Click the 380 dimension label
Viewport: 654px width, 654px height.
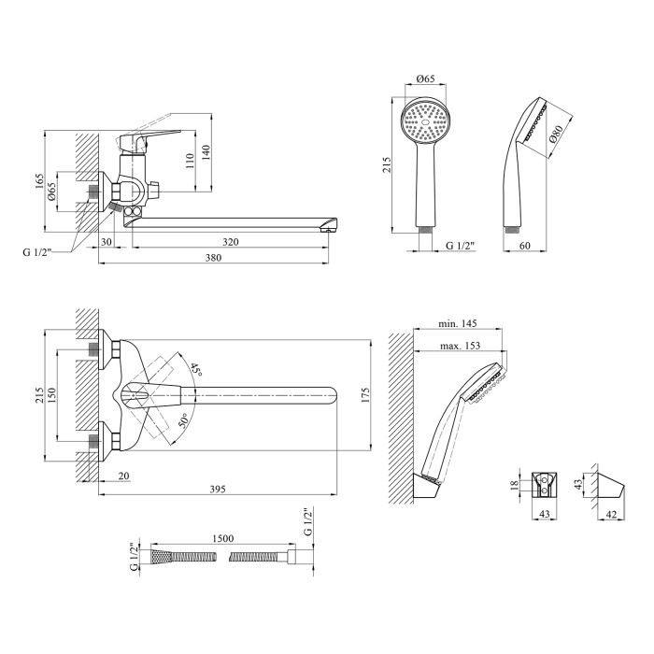[214, 259]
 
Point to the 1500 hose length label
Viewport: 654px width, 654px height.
[223, 539]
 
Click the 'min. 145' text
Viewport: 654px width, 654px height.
[458, 323]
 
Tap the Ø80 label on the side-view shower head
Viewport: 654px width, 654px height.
[554, 135]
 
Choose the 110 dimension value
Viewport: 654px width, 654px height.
[191, 161]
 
